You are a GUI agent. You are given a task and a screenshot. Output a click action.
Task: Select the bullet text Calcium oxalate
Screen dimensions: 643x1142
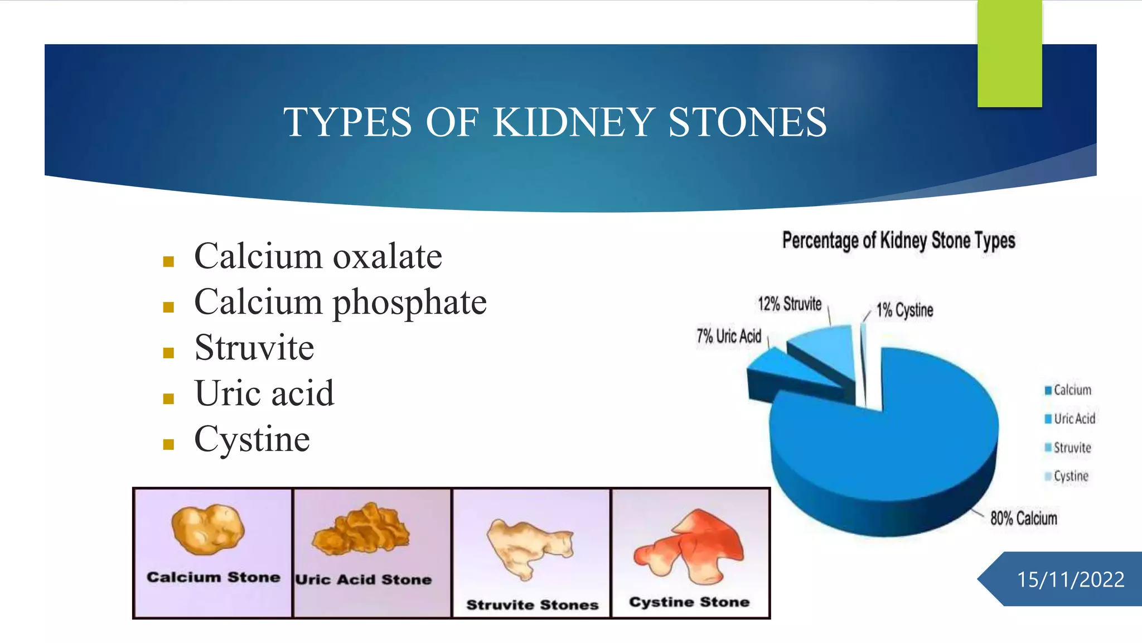pyautogui.click(x=318, y=257)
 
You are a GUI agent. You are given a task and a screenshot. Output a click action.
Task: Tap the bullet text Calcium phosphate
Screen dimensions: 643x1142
pyautogui.click(x=340, y=303)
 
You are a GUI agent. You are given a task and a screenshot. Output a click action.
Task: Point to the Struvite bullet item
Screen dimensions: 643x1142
pyautogui.click(x=254, y=348)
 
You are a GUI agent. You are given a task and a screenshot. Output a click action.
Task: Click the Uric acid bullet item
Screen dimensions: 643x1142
pyautogui.click(x=264, y=394)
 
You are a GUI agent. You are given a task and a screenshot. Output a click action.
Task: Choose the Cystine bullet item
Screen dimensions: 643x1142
pyautogui.click(x=251, y=439)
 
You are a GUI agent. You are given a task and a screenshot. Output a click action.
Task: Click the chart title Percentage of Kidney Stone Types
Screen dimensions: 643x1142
pyautogui.click(x=898, y=241)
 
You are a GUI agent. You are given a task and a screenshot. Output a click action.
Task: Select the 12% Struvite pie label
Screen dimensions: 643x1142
pyautogui.click(x=789, y=304)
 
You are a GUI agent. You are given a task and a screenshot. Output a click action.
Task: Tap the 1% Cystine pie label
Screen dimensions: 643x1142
pyautogui.click(x=904, y=310)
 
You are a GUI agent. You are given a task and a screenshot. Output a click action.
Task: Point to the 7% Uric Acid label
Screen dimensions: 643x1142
pyautogui.click(x=728, y=336)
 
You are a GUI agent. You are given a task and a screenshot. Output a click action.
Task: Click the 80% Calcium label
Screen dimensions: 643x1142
pyautogui.click(x=1023, y=518)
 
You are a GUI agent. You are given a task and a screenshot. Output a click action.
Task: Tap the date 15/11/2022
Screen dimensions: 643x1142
pyautogui.click(x=1070, y=579)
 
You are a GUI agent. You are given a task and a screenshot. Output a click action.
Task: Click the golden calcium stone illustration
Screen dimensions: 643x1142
pyautogui.click(x=207, y=529)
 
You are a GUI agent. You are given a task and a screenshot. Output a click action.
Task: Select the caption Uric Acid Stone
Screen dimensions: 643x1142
pyautogui.click(x=364, y=579)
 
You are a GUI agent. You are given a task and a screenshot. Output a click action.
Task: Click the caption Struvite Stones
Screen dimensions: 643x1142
pyautogui.click(x=532, y=605)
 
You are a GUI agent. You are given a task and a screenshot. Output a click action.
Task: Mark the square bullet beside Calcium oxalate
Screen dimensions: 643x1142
pyautogui.click(x=168, y=261)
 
